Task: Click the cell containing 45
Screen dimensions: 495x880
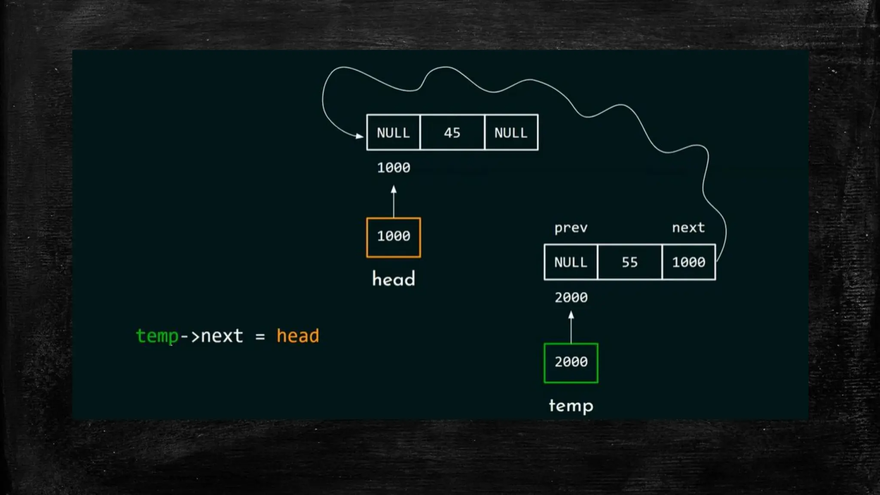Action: [452, 133]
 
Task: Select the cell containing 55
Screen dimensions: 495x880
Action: [629, 262]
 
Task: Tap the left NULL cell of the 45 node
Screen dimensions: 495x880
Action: [393, 133]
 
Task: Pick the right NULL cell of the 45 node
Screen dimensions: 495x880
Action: [511, 133]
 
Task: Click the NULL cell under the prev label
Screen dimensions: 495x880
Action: [571, 262]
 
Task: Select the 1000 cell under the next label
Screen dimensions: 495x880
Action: [689, 262]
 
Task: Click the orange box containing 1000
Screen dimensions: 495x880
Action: [394, 237]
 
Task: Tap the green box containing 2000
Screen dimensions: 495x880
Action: [571, 363]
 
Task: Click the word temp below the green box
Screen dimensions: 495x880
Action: [571, 406]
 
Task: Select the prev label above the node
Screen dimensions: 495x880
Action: [571, 228]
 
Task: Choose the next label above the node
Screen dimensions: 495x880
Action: [688, 228]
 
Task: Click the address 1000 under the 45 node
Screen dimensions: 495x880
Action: [394, 167]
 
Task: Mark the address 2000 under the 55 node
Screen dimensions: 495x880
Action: [571, 298]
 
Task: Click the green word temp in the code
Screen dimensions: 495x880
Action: [157, 336]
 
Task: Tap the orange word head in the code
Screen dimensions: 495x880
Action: [298, 336]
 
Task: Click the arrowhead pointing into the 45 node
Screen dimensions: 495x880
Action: [359, 136]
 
